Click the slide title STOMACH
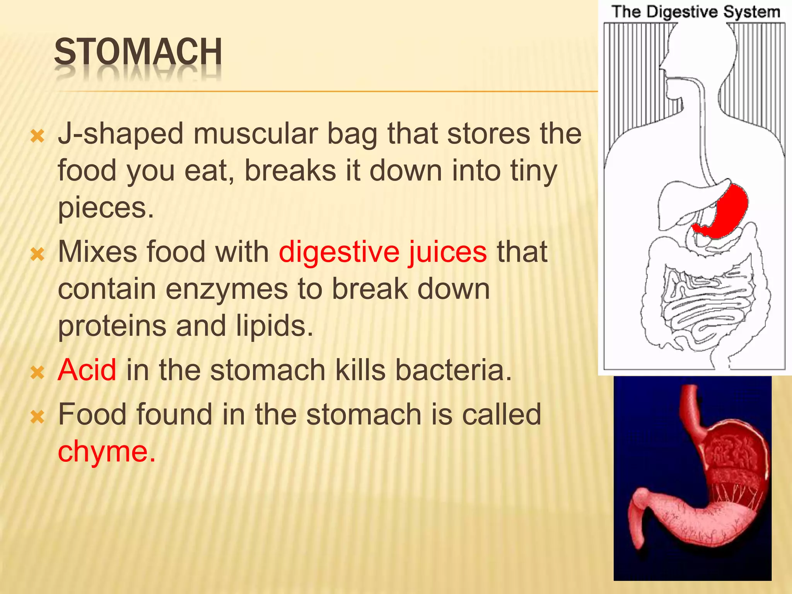138,52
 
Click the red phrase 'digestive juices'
382,252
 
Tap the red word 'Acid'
87,370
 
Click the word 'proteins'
112,326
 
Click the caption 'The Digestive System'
695,12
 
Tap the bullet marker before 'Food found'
38,416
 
